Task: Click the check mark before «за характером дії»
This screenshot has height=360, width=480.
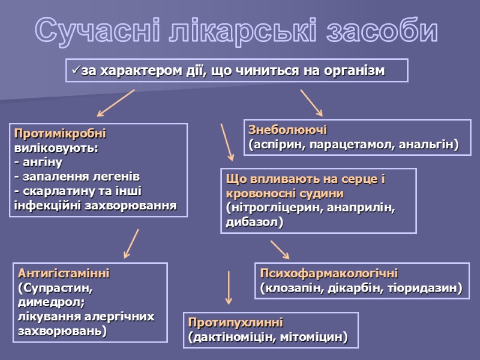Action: (75, 71)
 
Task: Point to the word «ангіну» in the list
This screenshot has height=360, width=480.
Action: (41, 162)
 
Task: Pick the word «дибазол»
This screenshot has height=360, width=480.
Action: (252, 222)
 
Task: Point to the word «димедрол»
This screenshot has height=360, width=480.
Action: (44, 302)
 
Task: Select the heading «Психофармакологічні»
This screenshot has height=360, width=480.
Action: (329, 273)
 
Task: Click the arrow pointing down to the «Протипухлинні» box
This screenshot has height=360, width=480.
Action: (229, 287)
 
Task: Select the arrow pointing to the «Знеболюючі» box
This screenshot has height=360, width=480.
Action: (311, 103)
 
